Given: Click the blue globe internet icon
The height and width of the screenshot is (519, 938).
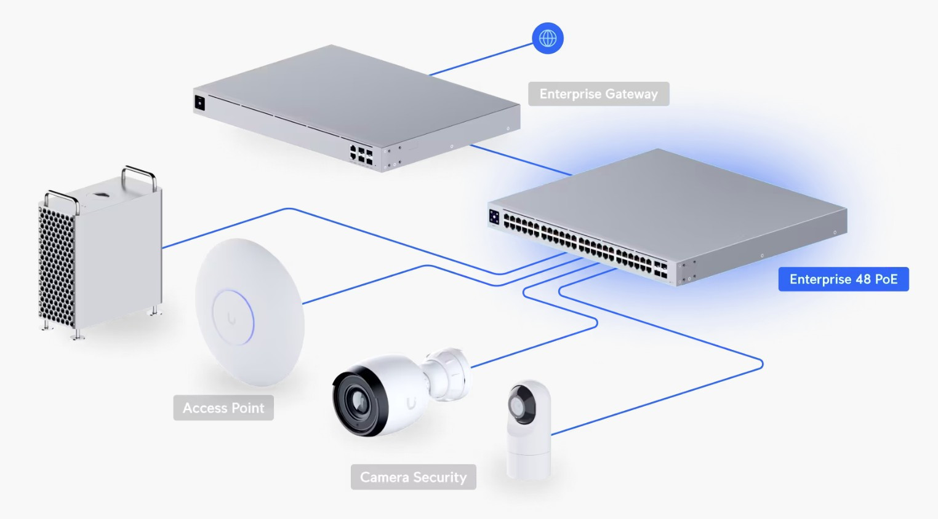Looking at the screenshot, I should tap(547, 38).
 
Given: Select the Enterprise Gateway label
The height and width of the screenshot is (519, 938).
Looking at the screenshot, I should tap(598, 94).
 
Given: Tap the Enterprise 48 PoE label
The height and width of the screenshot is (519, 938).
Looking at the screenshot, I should tap(843, 279).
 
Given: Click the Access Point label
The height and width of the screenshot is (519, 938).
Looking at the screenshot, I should tap(223, 408).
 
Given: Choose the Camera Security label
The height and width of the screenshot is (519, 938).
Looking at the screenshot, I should tap(413, 477).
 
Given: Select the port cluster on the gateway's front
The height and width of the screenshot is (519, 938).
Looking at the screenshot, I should tap(361, 154).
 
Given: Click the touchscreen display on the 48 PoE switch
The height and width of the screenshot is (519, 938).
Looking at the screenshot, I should tap(494, 216).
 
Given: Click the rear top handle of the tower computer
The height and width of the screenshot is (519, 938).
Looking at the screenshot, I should tap(140, 172).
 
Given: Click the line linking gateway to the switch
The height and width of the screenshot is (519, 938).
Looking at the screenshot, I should tap(521, 160).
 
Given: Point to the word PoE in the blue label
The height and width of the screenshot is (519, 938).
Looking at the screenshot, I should tap(886, 279).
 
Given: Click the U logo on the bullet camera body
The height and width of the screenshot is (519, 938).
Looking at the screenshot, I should tap(411, 403).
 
